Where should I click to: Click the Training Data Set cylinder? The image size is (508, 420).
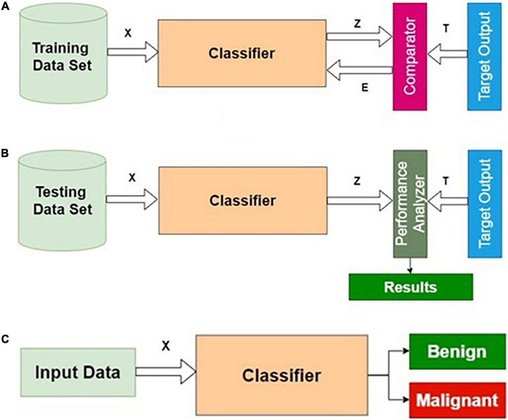pos(63,56)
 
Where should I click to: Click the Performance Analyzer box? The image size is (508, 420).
pos(410,204)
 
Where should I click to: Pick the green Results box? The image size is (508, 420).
pos(410,287)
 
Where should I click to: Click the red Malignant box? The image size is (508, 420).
pos(457,400)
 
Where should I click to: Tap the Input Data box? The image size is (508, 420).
pos(78,372)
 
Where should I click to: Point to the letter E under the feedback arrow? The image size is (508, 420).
pos(365,88)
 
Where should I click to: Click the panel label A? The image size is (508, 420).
pos(5,6)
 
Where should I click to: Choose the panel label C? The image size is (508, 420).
pos(5,339)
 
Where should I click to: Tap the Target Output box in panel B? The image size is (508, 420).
pos(485,204)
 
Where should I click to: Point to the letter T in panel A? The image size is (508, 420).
pos(446,29)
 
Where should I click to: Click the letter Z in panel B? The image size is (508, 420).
pos(357,181)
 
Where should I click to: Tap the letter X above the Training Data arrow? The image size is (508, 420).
pos(128,33)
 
